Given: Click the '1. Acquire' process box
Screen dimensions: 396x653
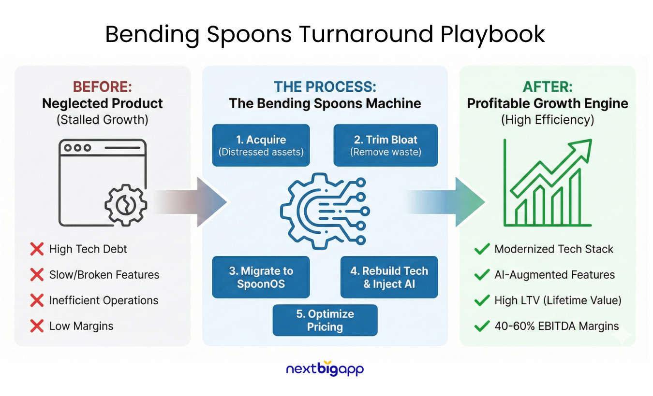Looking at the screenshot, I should click(x=261, y=145).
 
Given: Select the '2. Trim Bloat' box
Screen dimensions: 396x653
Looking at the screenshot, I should click(x=386, y=145).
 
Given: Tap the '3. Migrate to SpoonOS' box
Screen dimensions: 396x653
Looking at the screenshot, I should click(x=261, y=277).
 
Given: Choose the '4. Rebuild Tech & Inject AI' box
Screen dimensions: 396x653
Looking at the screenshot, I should click(x=389, y=277).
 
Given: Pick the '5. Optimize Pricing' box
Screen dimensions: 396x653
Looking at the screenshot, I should click(x=325, y=320).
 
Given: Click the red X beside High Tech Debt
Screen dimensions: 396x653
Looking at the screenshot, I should click(x=37, y=249).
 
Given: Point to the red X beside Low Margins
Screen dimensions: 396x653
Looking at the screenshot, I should click(x=37, y=326).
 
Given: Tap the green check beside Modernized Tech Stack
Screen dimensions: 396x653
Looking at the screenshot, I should click(x=481, y=249).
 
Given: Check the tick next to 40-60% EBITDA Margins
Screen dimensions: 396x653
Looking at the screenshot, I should click(x=481, y=326).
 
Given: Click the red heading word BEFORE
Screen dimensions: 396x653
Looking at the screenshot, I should click(x=102, y=87).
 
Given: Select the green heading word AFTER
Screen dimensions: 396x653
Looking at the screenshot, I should click(x=547, y=87).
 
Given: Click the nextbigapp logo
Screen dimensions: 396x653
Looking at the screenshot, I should click(x=325, y=369).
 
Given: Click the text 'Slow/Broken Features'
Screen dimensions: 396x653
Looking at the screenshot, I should click(x=104, y=275).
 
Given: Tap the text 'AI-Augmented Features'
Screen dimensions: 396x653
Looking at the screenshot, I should click(x=554, y=275).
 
